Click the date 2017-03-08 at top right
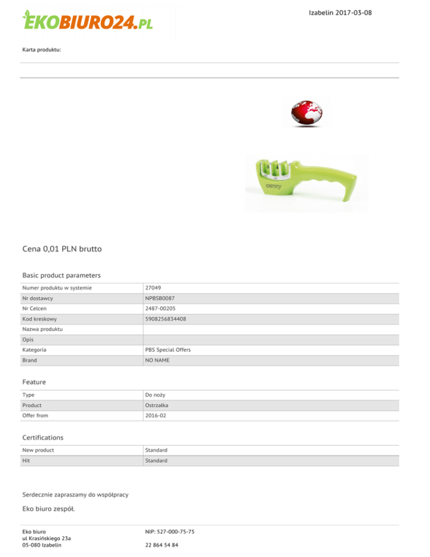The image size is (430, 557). tap(340, 12)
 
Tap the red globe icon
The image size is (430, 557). tap(306, 112)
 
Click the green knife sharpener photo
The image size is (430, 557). tap(307, 183)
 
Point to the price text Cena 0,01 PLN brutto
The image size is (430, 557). tap(62, 248)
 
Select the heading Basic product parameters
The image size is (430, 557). tap(61, 275)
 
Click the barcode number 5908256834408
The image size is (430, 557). tap(166, 319)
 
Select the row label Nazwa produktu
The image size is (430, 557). tap(43, 329)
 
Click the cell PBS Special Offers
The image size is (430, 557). tap(168, 350)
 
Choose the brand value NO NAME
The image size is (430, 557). tap(157, 360)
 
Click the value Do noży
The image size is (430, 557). tap(155, 394)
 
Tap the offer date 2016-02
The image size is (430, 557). tap(155, 415)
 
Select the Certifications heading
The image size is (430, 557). tap(43, 437)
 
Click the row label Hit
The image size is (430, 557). tap(26, 460)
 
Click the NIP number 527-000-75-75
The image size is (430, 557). tap(169, 531)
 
